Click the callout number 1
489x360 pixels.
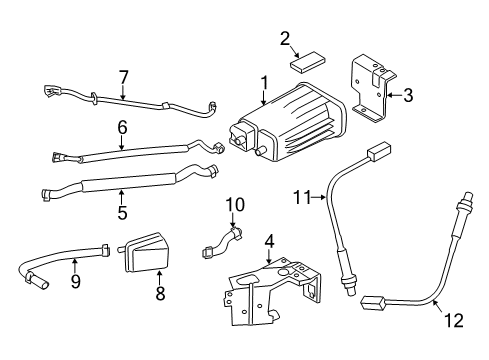click(264, 83)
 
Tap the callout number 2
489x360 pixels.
click(285, 39)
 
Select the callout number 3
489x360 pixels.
click(408, 95)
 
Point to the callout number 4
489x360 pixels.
click(269, 241)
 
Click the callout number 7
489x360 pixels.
click(123, 77)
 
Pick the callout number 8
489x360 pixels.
click(160, 293)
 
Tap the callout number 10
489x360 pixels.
click(235, 205)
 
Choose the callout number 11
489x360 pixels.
click(302, 197)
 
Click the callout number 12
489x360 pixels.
click(454, 321)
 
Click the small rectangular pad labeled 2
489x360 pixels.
click(307, 62)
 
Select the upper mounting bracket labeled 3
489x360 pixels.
click(373, 88)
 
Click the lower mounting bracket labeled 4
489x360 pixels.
click(273, 291)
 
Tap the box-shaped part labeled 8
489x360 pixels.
click(145, 252)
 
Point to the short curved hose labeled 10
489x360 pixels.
click(222, 242)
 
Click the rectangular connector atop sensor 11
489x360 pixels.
click(379, 151)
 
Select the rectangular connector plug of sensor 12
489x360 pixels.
click(373, 302)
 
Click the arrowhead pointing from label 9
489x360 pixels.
click(75, 261)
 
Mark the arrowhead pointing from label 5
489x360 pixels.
click(122, 192)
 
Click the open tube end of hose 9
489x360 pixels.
click(42, 283)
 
